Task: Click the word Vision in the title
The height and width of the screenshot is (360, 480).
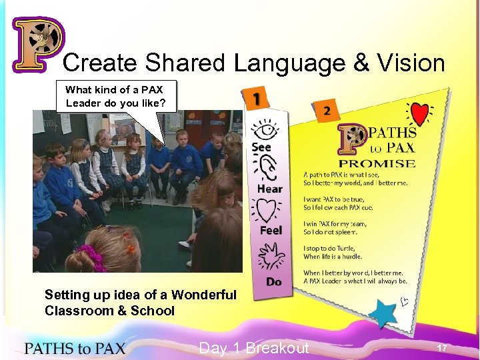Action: click(411, 63)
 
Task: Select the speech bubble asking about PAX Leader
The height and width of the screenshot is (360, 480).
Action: click(119, 97)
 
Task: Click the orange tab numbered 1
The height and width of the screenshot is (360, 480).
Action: click(257, 99)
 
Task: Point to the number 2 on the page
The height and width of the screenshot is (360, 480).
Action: click(326, 111)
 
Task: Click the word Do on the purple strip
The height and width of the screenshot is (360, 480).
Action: click(273, 282)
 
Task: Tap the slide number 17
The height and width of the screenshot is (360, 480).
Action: click(441, 349)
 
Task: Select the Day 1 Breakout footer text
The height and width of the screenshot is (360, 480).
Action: click(254, 348)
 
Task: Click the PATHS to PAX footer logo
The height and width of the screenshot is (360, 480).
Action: click(75, 348)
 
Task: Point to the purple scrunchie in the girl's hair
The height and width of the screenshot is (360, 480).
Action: click(92, 257)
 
